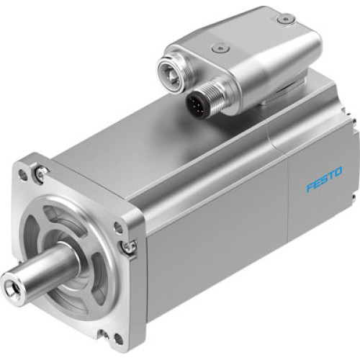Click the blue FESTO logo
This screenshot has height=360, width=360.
click(324, 179)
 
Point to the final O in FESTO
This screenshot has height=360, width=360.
click(338, 172)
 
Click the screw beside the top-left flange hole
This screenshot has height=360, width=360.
click(42, 171)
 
